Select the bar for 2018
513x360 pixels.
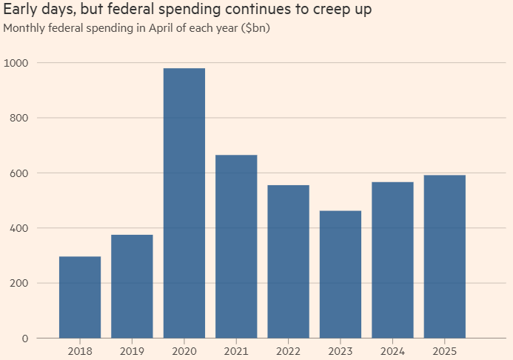pyautogui.click(x=80, y=297)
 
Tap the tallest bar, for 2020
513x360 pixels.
pyautogui.click(x=184, y=203)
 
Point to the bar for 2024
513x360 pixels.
pyautogui.click(x=392, y=260)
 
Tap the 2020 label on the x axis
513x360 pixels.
pyautogui.click(x=184, y=350)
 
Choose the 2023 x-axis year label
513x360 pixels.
pyautogui.click(x=341, y=350)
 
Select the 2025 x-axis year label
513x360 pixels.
pyautogui.click(x=444, y=350)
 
